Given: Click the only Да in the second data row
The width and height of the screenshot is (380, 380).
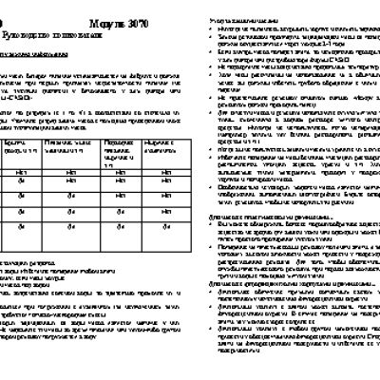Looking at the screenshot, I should pos(19,177).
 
